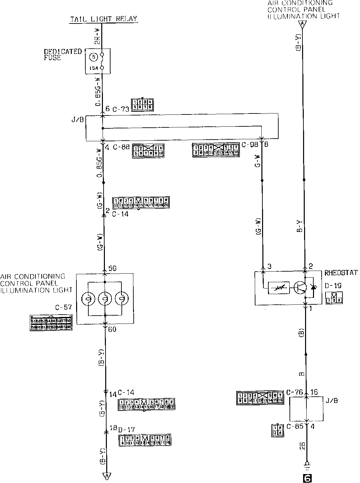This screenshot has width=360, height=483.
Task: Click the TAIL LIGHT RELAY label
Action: pos(104,19)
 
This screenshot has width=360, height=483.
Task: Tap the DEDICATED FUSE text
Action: pos(63,55)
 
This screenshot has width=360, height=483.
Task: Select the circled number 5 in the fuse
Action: pos(94,57)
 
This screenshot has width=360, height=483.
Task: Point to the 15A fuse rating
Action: pos(93,68)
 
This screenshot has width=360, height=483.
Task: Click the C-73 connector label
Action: pos(120,109)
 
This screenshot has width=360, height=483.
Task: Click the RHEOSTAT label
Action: pos(341,273)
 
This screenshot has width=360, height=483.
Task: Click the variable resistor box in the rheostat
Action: pos(279,288)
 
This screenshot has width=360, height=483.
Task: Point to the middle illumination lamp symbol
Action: pos(105,299)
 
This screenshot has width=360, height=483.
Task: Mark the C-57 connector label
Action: pos(64,307)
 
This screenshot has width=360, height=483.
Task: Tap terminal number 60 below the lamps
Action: pos(112,329)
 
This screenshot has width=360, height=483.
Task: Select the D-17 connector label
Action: pos(126,429)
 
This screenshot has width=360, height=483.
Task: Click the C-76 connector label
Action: pos(294,393)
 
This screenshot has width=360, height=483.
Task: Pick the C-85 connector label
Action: pos(294,426)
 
